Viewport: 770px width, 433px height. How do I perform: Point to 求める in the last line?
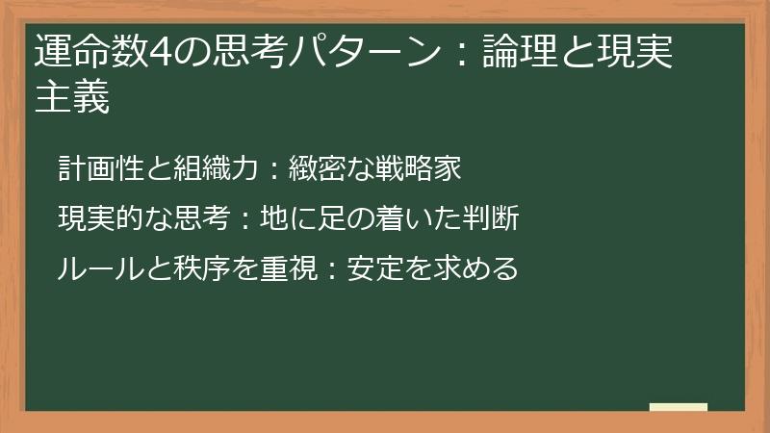point(475,267)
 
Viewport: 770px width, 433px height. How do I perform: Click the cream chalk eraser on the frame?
point(679,408)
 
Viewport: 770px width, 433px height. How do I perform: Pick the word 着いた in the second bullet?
point(405,218)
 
